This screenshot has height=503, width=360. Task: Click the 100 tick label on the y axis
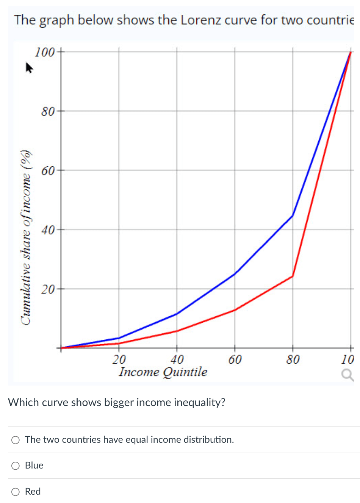click(x=45, y=52)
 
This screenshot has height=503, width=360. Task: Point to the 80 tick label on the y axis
click(x=48, y=111)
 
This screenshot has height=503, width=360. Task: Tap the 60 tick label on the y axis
click(x=48, y=171)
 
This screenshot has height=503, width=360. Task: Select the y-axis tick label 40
click(x=48, y=230)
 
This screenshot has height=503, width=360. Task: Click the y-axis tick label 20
click(x=48, y=289)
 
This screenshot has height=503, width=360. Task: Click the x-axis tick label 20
click(x=119, y=359)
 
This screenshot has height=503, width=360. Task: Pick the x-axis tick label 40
click(x=177, y=359)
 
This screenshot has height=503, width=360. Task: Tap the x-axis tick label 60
click(x=235, y=359)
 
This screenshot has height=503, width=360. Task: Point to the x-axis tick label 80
click(x=293, y=359)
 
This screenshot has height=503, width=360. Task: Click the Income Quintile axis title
click(x=163, y=372)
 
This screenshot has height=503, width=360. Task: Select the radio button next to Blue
click(x=16, y=466)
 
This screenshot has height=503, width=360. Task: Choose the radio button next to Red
click(x=16, y=492)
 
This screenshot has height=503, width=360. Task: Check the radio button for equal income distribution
click(x=16, y=440)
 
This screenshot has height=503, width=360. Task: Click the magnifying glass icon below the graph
click(x=347, y=375)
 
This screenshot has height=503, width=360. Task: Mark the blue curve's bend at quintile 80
click(x=293, y=216)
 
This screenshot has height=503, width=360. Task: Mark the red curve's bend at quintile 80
click(x=293, y=276)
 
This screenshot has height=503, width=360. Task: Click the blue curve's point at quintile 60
click(x=235, y=274)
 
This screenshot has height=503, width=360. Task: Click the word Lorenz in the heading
click(x=200, y=20)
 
